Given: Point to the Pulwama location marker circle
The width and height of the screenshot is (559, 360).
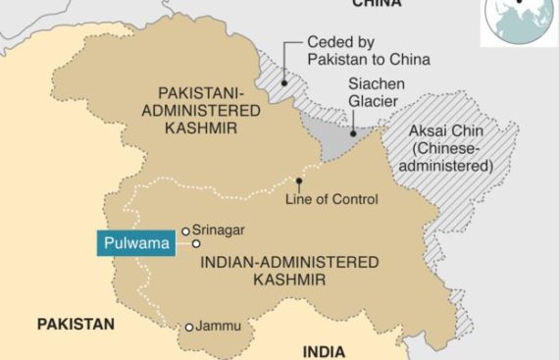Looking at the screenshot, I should pos(196,242).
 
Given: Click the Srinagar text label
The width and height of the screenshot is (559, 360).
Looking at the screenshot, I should pos(218,231).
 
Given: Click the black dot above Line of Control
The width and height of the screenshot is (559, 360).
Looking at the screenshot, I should pos(299,180).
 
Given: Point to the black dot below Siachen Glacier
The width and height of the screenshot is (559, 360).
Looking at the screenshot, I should pos(352,128).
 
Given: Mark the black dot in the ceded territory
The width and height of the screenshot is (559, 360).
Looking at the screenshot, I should pos(283,83).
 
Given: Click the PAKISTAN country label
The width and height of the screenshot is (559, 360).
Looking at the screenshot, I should pos(76,324).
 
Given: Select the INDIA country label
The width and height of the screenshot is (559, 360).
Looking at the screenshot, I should pos(324,351).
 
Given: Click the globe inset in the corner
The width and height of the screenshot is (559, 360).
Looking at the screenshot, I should pos(518,22).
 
